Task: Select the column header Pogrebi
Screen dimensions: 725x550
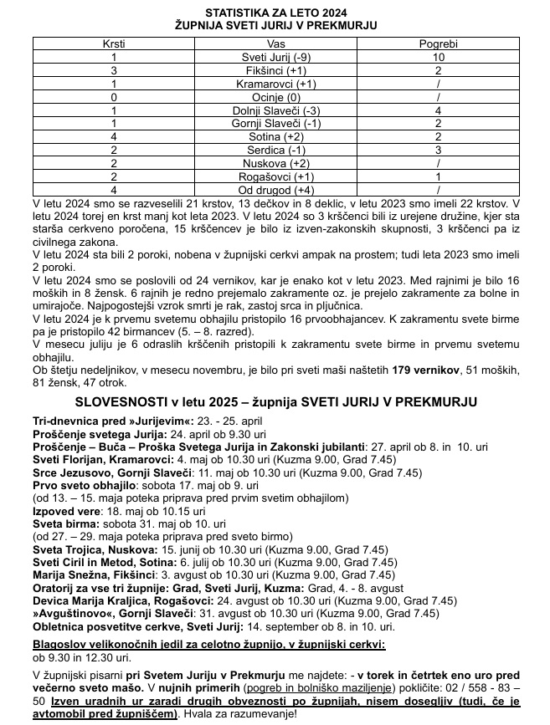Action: pyautogui.click(x=438, y=42)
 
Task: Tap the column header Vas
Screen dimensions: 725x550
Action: pyautogui.click(x=275, y=42)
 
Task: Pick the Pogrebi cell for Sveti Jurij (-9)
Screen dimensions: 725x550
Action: pyautogui.click(x=438, y=56)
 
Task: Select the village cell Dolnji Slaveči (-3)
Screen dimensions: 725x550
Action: pyautogui.click(x=275, y=110)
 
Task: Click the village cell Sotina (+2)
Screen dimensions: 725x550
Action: pyautogui.click(x=275, y=137)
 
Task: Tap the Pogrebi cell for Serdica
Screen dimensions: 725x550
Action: pyautogui.click(x=438, y=151)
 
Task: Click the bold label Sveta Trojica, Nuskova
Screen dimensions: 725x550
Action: pyautogui.click(x=94, y=549)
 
